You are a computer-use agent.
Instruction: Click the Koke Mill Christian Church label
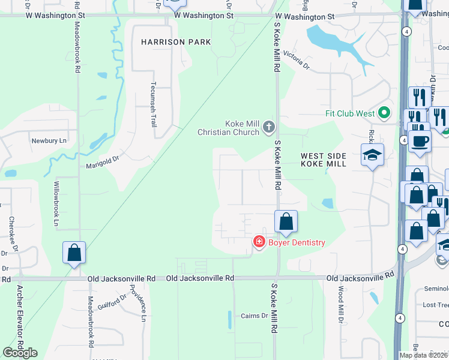pyautogui.click(x=229, y=128)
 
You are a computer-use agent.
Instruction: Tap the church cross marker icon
pyautogui.click(x=268, y=127)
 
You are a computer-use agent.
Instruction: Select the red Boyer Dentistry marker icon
pyautogui.click(x=259, y=242)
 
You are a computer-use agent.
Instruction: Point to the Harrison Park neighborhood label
pyautogui.click(x=176, y=42)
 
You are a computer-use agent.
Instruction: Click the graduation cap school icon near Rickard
pyautogui.click(x=372, y=155)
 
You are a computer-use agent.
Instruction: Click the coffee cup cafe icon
pyautogui.click(x=420, y=141)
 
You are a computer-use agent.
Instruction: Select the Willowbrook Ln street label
pyautogui.click(x=57, y=203)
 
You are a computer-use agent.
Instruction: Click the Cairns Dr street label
pyautogui.click(x=255, y=316)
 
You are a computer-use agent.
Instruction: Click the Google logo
pyautogui.click(x=20, y=353)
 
